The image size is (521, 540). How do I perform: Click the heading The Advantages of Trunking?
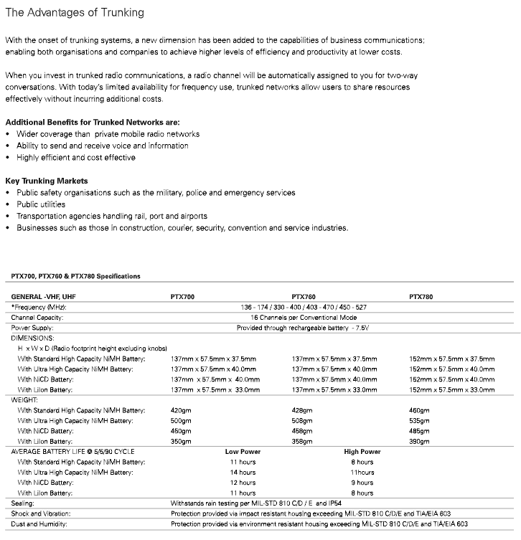coord(75,13)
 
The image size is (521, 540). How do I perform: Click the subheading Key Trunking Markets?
coord(47,181)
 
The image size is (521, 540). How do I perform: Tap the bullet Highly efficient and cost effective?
coord(75,157)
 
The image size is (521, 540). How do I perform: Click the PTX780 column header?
coord(421,296)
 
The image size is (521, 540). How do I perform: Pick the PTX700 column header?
coord(182,296)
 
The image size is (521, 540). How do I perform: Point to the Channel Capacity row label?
coord(38,317)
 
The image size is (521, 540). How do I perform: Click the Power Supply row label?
coord(34,327)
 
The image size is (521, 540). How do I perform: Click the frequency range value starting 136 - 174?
coord(304,307)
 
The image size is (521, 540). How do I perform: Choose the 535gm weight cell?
coord(419,421)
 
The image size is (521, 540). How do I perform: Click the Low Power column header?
coord(243,452)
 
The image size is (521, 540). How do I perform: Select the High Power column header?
coord(362,452)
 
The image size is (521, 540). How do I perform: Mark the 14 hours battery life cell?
coord(243,473)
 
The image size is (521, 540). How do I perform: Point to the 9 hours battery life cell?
coord(362,483)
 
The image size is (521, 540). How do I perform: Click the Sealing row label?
coord(24,503)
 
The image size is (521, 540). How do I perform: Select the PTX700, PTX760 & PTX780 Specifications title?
coord(75,276)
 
